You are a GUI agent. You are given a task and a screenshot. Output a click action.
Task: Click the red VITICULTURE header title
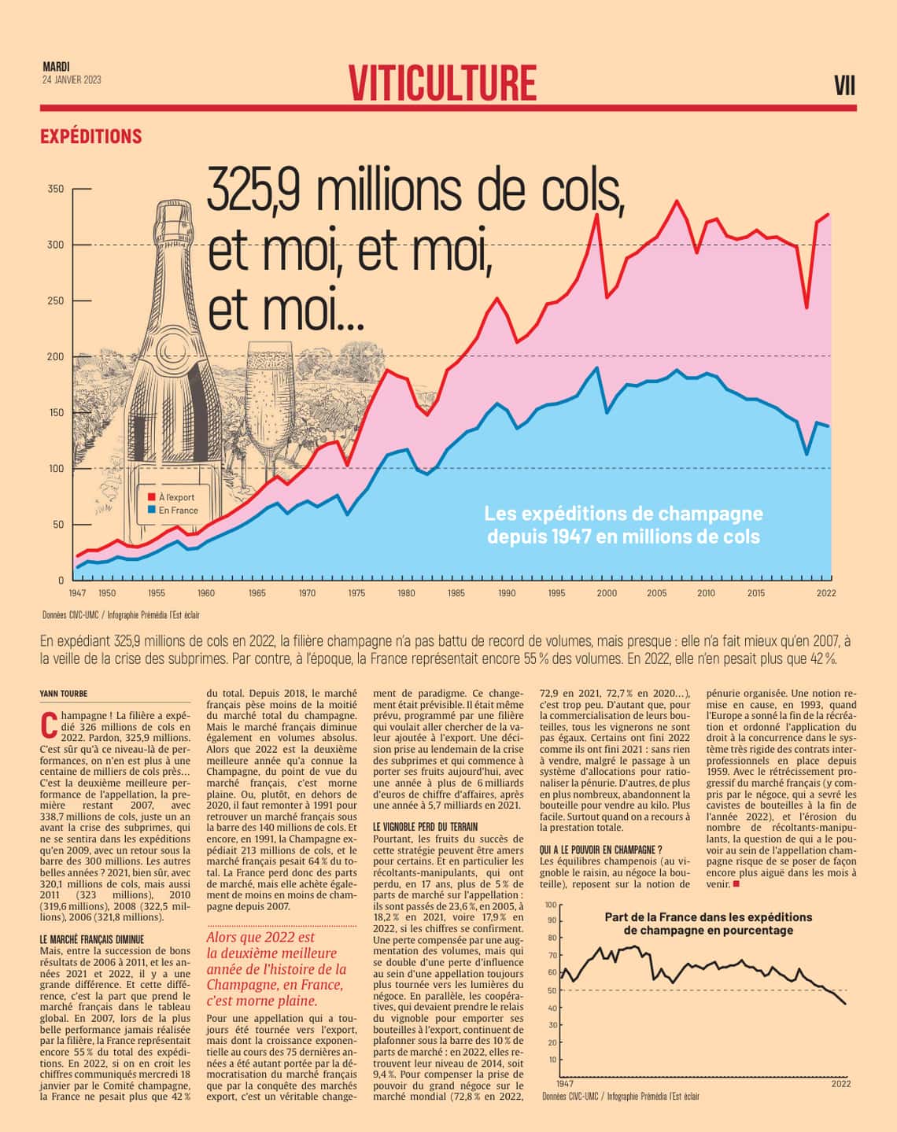pos(443,83)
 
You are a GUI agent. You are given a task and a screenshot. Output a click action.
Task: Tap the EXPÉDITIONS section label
pos(91,136)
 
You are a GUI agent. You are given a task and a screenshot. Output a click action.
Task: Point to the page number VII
pos(844,86)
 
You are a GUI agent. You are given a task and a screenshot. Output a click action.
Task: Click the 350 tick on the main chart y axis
pos(56,189)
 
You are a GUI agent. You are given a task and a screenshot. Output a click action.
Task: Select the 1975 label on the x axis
pos(356,593)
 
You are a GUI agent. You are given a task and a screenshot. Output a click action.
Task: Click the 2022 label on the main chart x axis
pos(826,593)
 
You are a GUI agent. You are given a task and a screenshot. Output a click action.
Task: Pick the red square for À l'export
pos(151,497)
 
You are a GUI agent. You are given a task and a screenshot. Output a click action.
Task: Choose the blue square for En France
pos(151,511)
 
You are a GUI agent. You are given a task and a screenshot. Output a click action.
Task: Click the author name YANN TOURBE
pos(64,693)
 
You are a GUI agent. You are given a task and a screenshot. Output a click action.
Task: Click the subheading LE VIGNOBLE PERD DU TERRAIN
pos(426,827)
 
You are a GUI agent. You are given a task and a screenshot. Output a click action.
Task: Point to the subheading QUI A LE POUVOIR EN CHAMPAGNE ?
pos(601,850)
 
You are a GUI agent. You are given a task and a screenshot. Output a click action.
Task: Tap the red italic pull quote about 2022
pos(275,968)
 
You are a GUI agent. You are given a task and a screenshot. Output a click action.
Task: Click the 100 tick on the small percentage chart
pos(550,905)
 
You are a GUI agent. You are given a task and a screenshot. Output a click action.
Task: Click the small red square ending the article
pos(736,884)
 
